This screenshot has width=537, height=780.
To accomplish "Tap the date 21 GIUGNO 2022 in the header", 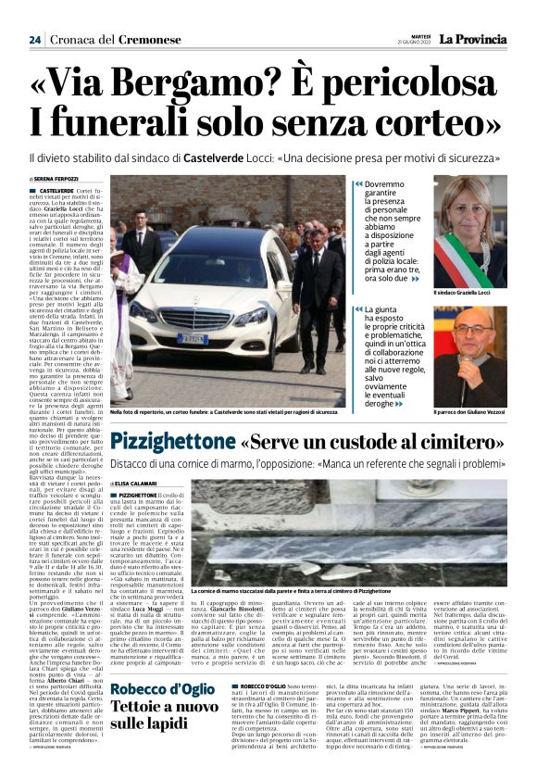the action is pos(417,44).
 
